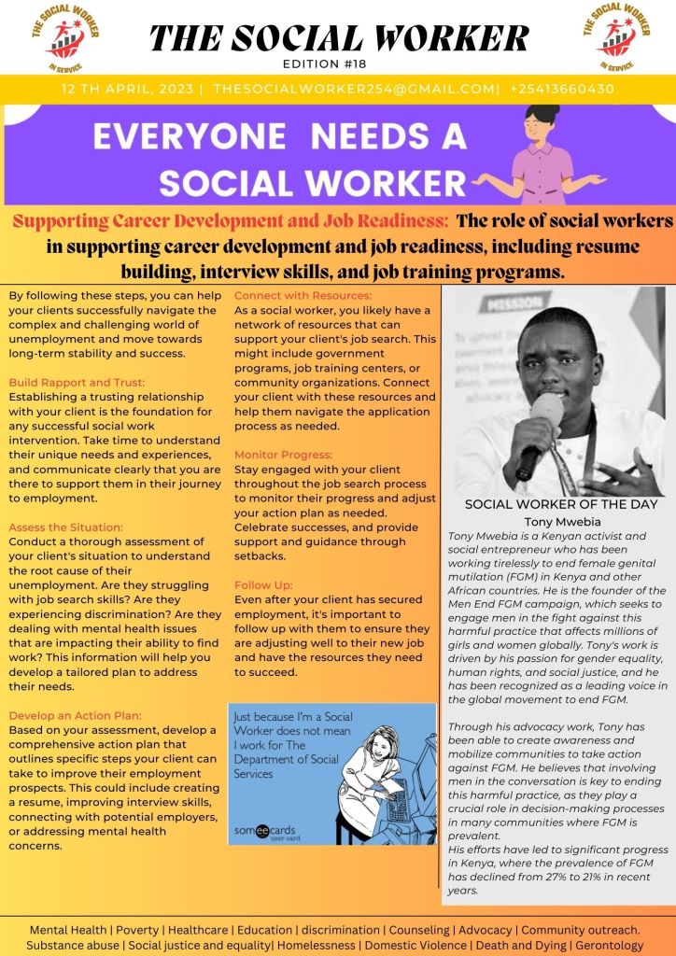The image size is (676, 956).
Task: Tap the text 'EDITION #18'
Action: click(x=338, y=63)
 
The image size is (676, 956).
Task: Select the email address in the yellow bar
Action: click(x=356, y=89)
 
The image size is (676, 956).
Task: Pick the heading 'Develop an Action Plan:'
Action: click(x=75, y=715)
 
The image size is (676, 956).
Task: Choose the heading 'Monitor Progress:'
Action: click(x=283, y=455)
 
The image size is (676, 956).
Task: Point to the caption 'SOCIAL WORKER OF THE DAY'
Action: click(x=560, y=504)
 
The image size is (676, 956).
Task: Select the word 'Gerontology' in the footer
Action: click(x=610, y=945)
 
